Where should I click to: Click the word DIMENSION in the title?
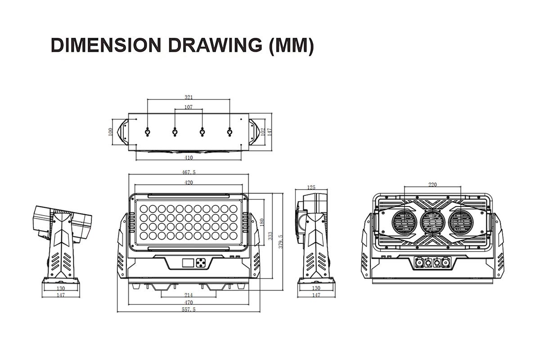106,45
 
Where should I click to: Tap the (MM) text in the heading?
291,46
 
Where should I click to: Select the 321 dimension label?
189,97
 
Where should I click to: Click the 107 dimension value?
189,107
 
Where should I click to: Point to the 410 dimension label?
189,157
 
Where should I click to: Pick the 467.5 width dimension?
189,172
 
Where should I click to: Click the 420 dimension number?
189,183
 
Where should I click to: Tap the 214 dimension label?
189,295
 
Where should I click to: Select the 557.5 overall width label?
189,309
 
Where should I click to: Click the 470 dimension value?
189,302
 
